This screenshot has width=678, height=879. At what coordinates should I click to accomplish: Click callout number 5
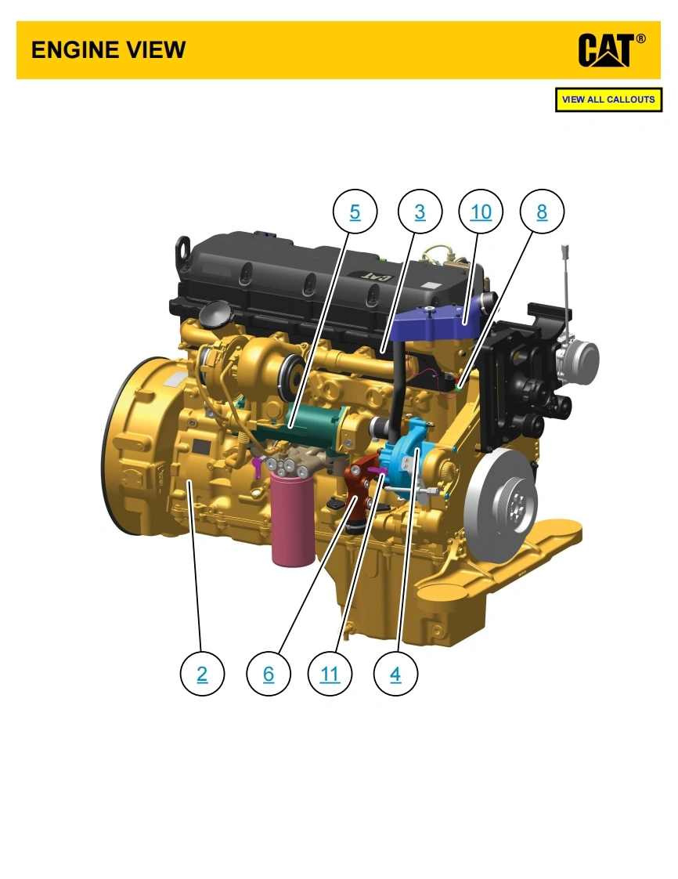point(355,212)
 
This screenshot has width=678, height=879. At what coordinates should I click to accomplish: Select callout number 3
point(420,212)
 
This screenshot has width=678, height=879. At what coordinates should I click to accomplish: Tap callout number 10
point(481,212)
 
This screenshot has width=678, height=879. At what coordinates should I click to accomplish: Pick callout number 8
point(542,212)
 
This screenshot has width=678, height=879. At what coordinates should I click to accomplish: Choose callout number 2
point(202,673)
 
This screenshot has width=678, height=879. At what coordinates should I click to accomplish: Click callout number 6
point(269,673)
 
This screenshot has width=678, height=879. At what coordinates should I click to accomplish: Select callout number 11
point(330,673)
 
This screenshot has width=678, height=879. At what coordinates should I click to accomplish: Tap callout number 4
point(395,673)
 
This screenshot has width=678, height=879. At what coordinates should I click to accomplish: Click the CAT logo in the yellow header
point(611,50)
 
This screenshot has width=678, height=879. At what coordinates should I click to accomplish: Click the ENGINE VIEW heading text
point(108,50)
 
